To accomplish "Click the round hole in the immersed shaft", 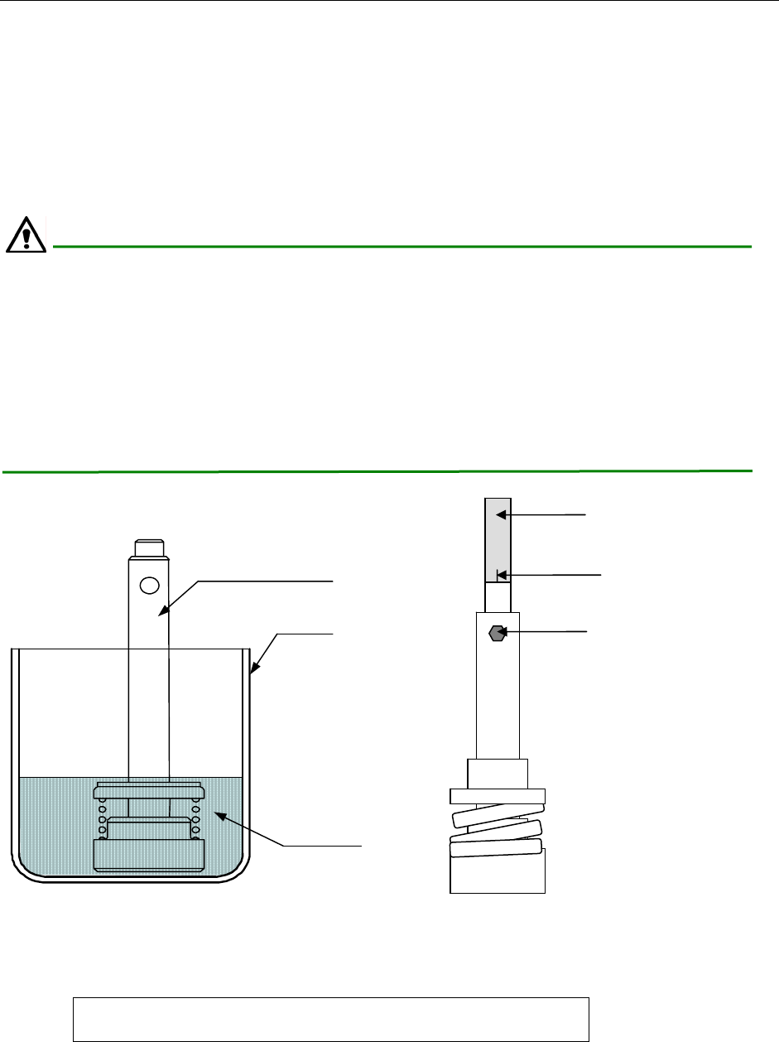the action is (149, 586).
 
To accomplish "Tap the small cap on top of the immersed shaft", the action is (149, 548).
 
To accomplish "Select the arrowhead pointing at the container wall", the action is (254, 665).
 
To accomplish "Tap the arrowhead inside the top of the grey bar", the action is (500, 514).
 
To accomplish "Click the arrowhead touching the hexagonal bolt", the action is (506, 633).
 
